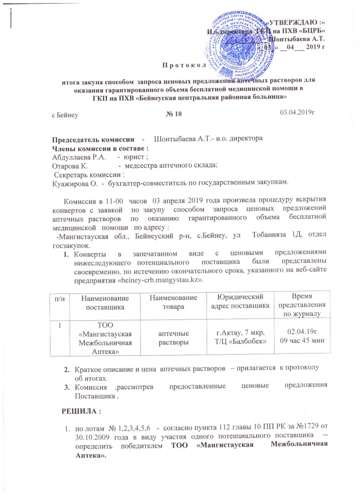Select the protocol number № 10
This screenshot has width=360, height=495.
click(x=173, y=115)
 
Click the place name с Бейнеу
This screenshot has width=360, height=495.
click(x=65, y=115)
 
